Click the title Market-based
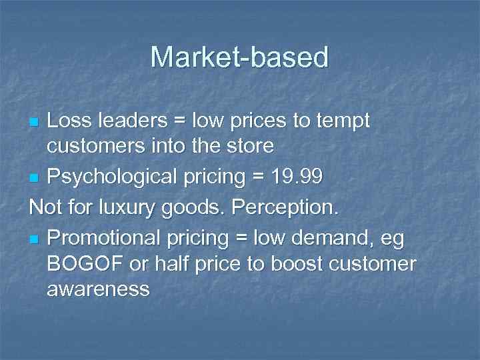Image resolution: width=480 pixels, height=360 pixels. point(239,57)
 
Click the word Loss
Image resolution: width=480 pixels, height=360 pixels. point(69,122)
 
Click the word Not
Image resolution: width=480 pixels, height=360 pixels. point(46,207)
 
